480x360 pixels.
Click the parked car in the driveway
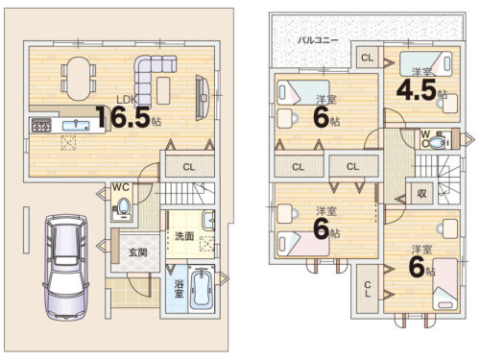[x=65, y=267]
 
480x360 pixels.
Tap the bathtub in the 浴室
[x=201, y=289]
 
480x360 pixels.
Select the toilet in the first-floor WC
[x=123, y=206]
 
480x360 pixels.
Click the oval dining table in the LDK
[x=78, y=79]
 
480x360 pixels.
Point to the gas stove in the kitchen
[x=41, y=126]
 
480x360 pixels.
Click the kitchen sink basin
[x=76, y=125]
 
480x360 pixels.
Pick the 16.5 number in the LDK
[x=123, y=117]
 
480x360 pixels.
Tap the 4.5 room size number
[x=417, y=89]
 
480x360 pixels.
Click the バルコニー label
[x=318, y=40]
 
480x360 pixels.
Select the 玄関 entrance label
[x=138, y=252]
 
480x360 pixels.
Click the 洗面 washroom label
[x=184, y=236]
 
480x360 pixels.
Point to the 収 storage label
[x=421, y=193]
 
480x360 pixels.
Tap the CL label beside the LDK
[x=189, y=167]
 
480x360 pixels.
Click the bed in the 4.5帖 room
[x=425, y=64]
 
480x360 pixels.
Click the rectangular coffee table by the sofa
[x=163, y=90]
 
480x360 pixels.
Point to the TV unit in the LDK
[x=203, y=98]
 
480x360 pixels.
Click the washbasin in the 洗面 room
[x=208, y=220]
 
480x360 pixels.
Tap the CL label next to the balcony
[x=367, y=58]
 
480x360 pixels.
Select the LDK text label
[x=127, y=100]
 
